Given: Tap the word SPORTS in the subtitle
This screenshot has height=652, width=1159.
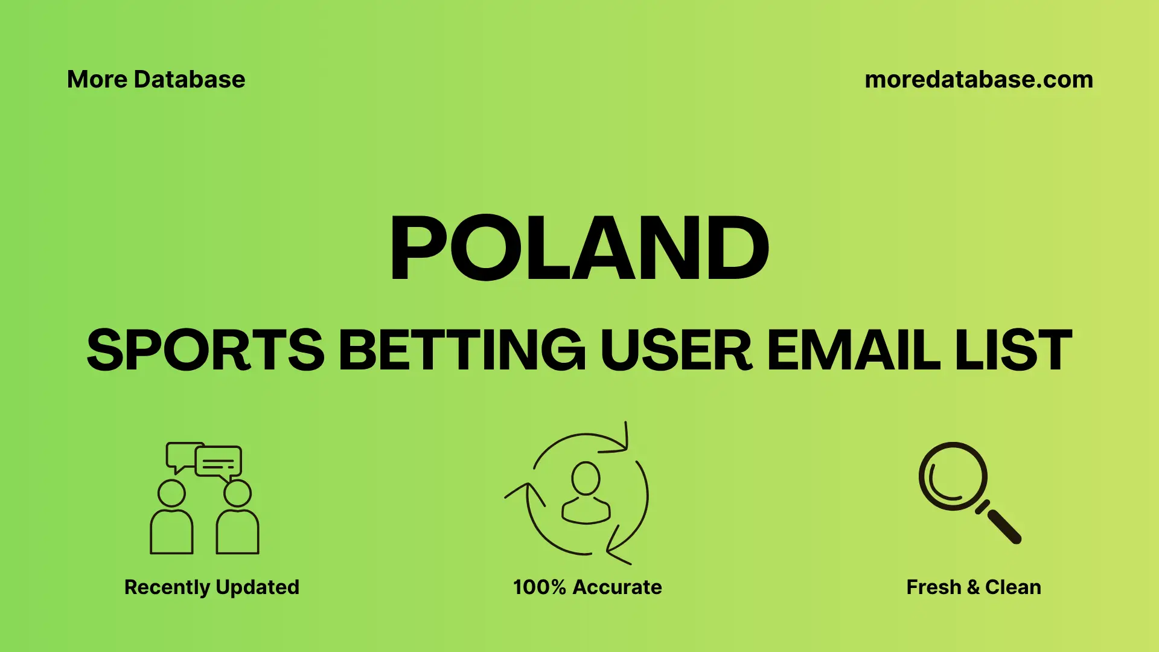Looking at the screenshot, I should pyautogui.click(x=205, y=350).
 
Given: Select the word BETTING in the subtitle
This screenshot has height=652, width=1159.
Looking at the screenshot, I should pyautogui.click(x=462, y=350).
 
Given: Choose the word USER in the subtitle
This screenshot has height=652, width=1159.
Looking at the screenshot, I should pyautogui.click(x=675, y=350).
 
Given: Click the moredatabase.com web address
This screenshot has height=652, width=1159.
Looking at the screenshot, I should pyautogui.click(x=979, y=80).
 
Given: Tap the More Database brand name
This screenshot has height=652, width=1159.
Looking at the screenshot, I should pyautogui.click(x=156, y=80).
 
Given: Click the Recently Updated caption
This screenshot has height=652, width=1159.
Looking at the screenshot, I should pyautogui.click(x=211, y=587).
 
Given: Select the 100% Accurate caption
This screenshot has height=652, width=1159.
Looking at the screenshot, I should pyautogui.click(x=587, y=587).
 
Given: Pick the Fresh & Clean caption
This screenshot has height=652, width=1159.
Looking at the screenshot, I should pyautogui.click(x=973, y=587).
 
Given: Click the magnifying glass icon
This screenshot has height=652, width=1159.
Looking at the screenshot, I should pyautogui.click(x=960, y=483).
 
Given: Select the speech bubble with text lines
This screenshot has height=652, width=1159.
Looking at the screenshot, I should pyautogui.click(x=219, y=462).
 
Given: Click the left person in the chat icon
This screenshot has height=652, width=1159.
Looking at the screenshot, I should pyautogui.click(x=171, y=519).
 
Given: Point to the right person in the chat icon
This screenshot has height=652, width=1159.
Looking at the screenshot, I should pyautogui.click(x=237, y=519).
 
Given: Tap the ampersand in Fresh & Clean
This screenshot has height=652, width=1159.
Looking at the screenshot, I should pyautogui.click(x=972, y=587).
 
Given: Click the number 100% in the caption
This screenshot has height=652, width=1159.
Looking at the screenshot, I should pyautogui.click(x=539, y=587).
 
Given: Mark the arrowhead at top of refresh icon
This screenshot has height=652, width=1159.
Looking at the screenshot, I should pyautogui.click(x=622, y=441).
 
